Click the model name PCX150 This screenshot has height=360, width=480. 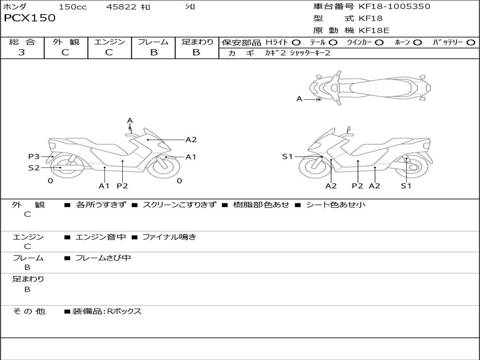pos(30,18)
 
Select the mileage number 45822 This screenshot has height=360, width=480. pos(121,7)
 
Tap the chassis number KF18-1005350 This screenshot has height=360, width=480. pos(394,7)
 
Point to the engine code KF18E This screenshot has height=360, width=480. pos(374,30)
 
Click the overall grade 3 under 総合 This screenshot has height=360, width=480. pos(22,52)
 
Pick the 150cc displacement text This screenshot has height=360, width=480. pos(73,7)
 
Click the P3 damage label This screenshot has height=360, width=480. pos(34,157)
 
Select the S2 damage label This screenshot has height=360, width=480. pos(34,167)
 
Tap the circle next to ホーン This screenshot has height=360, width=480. pos(418,43)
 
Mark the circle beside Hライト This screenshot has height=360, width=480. pos(296,43)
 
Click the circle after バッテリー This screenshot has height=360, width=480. pos(471,43)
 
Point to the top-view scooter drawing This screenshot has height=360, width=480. pos(369,87)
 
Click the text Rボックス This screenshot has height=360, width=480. pos(124,311)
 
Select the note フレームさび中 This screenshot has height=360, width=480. pos(103,258)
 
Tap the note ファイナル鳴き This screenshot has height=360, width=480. pos(169,237)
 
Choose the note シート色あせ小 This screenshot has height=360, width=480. pos(335,205)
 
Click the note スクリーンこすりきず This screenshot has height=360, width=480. pos(180,205)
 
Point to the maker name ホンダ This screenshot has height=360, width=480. pos(15,7)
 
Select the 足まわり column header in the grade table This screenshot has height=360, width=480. pos(197,42)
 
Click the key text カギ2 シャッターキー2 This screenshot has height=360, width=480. pos(298,53)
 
